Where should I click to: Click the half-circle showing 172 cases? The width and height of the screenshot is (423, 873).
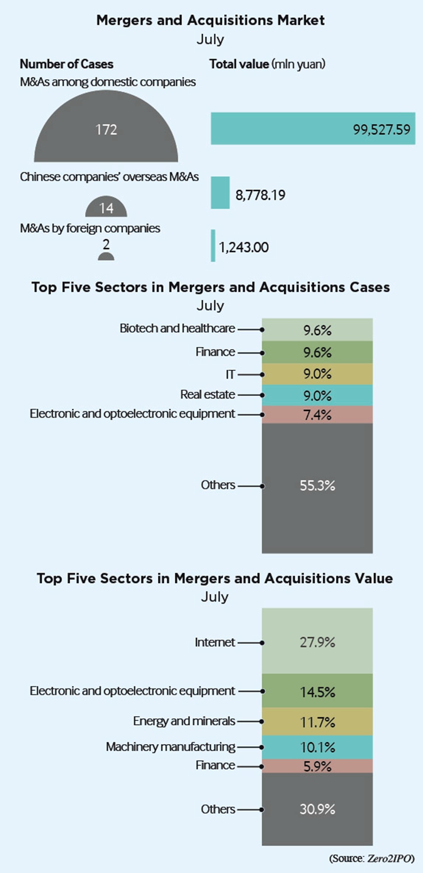pyautogui.click(x=106, y=133)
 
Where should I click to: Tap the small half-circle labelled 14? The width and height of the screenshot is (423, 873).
pyautogui.click(x=106, y=208)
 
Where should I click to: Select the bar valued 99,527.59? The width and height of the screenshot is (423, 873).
pyautogui.click(x=313, y=129)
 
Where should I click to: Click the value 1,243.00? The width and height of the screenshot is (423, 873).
pyautogui.click(x=243, y=247)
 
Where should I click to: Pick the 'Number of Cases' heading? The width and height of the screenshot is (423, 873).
pyautogui.click(x=67, y=64)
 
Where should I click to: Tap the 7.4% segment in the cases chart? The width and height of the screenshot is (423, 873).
pyautogui.click(x=317, y=414)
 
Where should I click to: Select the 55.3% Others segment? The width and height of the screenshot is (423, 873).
pyautogui.click(x=317, y=486)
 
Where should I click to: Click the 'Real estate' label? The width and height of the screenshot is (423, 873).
pyautogui.click(x=208, y=395)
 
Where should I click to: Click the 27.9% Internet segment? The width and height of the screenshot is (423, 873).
pyautogui.click(x=317, y=642)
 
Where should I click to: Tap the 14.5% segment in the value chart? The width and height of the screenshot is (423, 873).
pyautogui.click(x=317, y=691)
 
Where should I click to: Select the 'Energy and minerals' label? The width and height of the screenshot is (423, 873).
pyautogui.click(x=184, y=721)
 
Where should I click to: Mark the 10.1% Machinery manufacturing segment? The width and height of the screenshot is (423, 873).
pyautogui.click(x=317, y=748)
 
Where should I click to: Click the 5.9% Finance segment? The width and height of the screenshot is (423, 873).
pyautogui.click(x=317, y=766)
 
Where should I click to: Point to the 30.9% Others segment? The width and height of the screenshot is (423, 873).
pyautogui.click(x=317, y=809)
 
